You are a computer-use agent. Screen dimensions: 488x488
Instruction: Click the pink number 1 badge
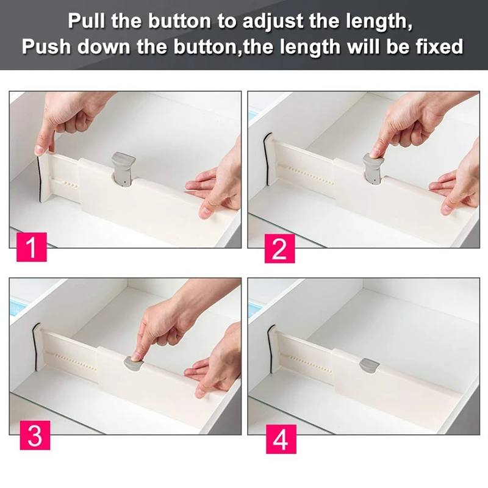pos(32,247)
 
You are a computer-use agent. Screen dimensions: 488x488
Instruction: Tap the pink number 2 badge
pos(279,248)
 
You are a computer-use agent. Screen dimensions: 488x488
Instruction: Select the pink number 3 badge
pos(35,435)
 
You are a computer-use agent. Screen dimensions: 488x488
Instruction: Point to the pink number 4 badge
pos(281,439)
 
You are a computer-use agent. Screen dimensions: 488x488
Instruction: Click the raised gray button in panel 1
pos(124,169)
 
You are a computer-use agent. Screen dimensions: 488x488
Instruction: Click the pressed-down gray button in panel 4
pos(370,364)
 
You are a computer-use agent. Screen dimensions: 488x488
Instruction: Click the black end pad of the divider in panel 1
pos(40,178)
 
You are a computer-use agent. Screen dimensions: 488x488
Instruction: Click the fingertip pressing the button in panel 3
pos(135,356)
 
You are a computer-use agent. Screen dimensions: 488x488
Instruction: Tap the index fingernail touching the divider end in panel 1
pos(38,149)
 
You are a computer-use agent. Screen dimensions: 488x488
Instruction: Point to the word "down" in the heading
pos(104,47)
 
